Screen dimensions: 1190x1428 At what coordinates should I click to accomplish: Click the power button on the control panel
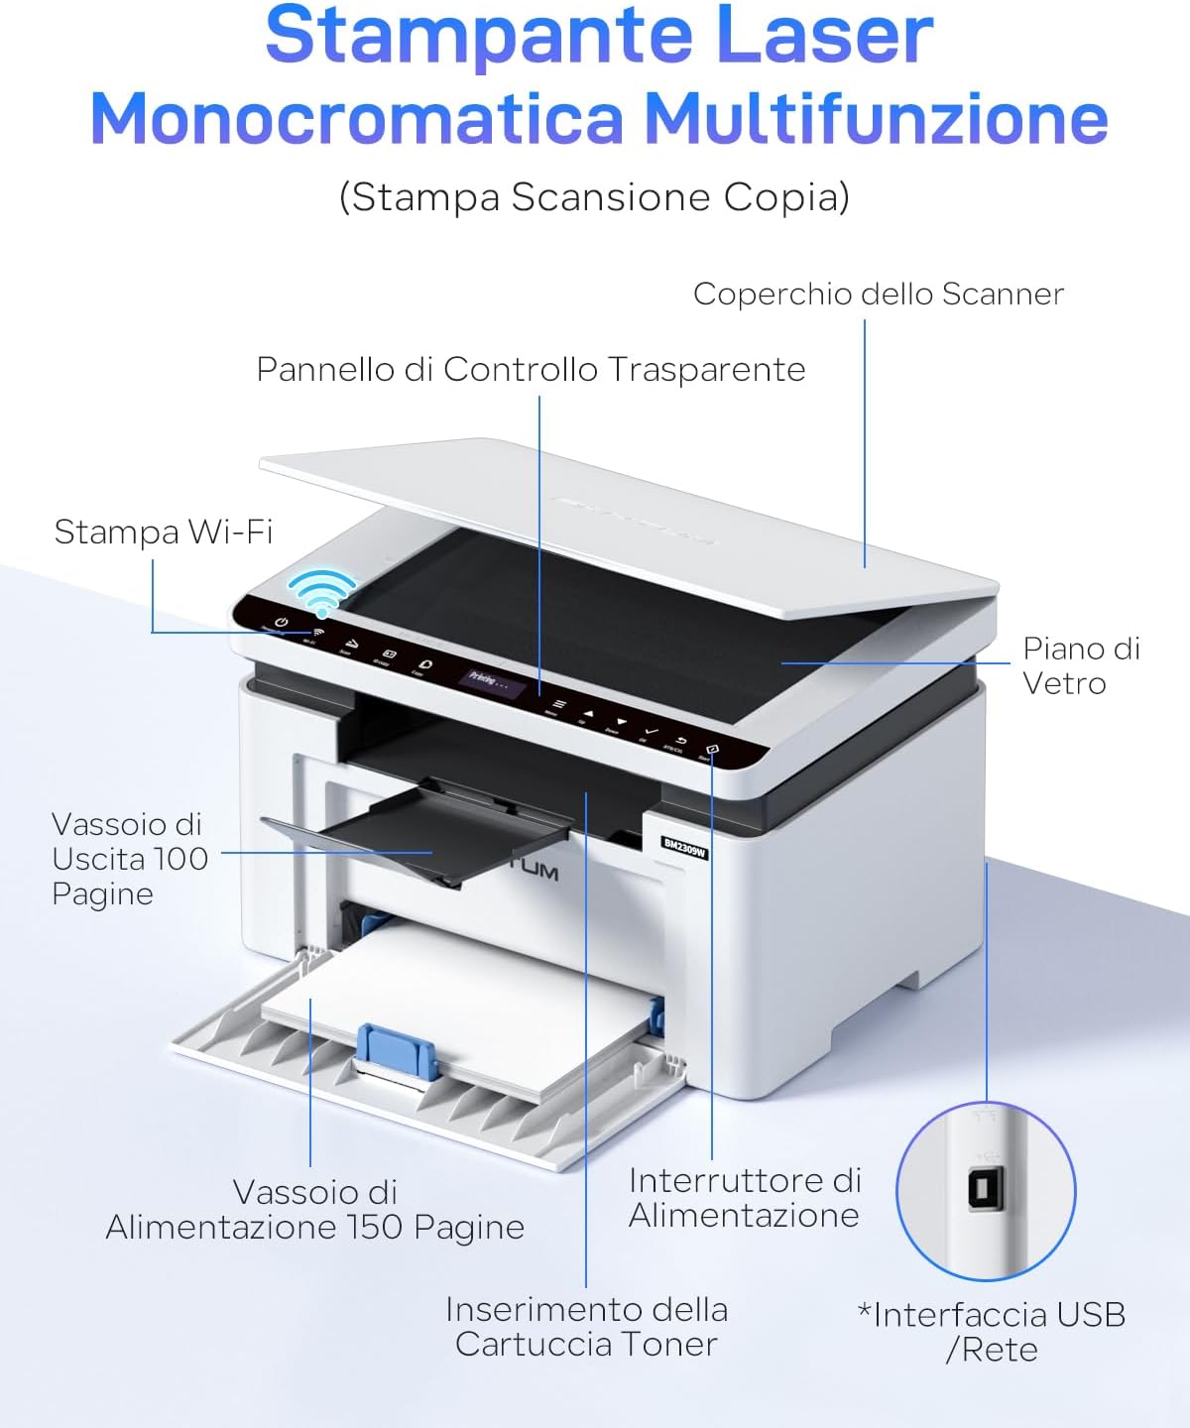point(281,622)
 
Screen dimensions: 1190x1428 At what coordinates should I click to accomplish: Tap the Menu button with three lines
point(558,702)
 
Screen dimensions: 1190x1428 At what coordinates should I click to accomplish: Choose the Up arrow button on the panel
point(588,712)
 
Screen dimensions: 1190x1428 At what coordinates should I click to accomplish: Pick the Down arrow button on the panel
point(621,722)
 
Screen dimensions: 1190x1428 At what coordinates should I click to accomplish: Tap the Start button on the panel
point(711,750)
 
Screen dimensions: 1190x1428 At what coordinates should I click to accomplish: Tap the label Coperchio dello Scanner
point(878,294)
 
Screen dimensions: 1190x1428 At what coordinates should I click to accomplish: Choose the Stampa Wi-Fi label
point(163,532)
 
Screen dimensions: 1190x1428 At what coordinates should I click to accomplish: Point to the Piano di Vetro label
point(1081,665)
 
